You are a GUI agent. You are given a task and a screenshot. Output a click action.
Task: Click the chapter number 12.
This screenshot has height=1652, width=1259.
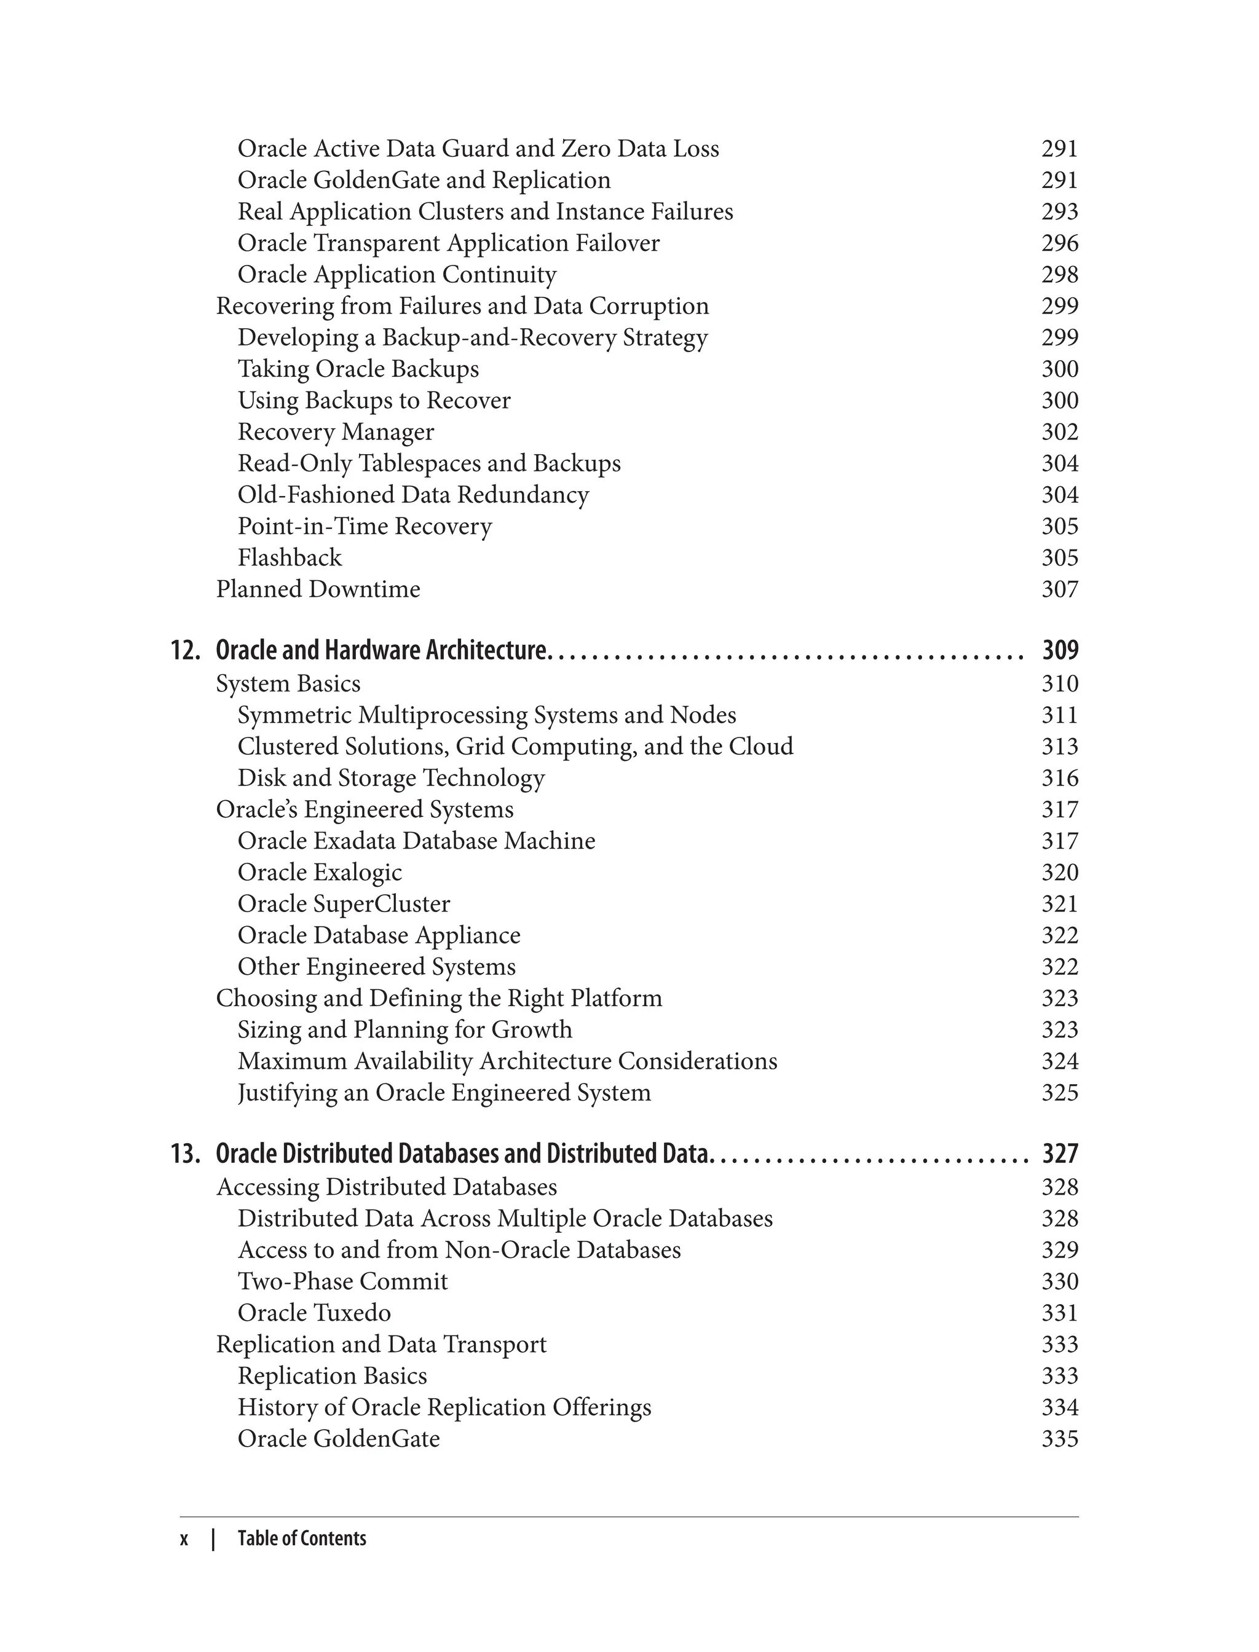pyautogui.click(x=185, y=650)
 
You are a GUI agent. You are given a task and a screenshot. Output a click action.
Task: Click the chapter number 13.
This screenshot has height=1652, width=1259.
pyautogui.click(x=185, y=1154)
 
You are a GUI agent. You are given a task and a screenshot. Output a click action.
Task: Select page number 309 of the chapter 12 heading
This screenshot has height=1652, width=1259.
pyautogui.click(x=1060, y=650)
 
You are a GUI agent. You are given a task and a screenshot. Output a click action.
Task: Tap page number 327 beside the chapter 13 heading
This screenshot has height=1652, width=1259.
pyautogui.click(x=1060, y=1154)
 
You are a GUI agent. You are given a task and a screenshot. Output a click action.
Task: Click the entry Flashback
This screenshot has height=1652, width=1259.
pyautogui.click(x=290, y=557)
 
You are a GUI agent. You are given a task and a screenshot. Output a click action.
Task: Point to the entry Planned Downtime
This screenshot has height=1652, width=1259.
pyautogui.click(x=318, y=589)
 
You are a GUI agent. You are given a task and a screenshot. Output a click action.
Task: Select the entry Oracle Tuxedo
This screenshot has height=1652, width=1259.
pyautogui.click(x=314, y=1313)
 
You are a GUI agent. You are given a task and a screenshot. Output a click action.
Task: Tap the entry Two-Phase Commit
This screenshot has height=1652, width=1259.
pyautogui.click(x=342, y=1281)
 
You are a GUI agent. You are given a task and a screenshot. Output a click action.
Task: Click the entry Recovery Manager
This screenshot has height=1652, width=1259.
pyautogui.click(x=335, y=431)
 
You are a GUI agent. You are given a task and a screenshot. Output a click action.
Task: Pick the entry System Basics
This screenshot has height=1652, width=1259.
pyautogui.click(x=288, y=683)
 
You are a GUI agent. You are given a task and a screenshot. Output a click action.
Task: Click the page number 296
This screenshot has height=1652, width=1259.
pyautogui.click(x=1060, y=243)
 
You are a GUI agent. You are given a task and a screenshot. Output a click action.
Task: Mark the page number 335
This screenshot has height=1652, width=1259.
pyautogui.click(x=1060, y=1439)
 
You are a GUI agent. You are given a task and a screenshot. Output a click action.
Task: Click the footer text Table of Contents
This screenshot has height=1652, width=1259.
pyautogui.click(x=301, y=1538)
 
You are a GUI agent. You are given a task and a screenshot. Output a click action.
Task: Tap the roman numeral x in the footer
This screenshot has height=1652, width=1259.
pyautogui.click(x=184, y=1539)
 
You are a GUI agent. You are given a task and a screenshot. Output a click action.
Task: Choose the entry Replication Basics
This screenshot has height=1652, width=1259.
pyautogui.click(x=331, y=1375)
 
